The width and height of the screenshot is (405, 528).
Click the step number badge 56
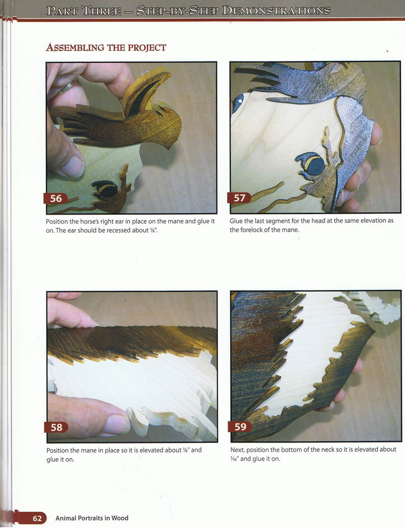(x=56, y=199)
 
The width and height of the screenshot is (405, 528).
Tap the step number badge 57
(x=239, y=198)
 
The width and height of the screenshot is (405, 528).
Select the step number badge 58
(x=56, y=427)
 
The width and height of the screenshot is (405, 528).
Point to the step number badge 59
(x=240, y=426)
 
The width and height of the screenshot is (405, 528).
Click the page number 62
(x=37, y=518)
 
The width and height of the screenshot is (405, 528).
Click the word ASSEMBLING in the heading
(x=75, y=47)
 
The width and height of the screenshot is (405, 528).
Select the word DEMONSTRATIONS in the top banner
(x=276, y=11)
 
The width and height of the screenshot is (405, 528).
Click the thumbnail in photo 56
(x=72, y=166)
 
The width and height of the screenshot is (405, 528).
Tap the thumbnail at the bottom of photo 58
(x=116, y=423)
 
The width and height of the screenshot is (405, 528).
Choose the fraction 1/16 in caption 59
(x=235, y=459)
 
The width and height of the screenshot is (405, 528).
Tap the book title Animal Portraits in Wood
(x=92, y=518)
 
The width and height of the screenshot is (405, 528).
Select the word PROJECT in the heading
(x=147, y=47)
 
